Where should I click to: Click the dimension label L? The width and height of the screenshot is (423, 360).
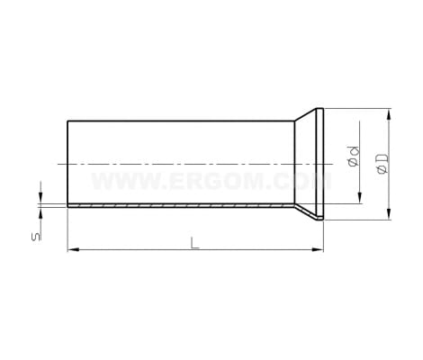[x=194, y=243]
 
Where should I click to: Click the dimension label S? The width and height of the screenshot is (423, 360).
[x=36, y=237]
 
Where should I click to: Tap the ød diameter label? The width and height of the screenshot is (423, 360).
[x=354, y=156]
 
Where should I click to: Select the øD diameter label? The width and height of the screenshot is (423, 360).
[x=382, y=164]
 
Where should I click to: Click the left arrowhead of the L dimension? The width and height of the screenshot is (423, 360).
[x=73, y=249]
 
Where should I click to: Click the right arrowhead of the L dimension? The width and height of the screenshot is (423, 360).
[x=318, y=249]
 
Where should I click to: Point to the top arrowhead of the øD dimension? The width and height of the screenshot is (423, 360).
[x=389, y=115]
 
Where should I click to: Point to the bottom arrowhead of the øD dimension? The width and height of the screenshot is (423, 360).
[x=389, y=213]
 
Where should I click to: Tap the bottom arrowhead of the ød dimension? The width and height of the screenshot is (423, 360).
[x=359, y=198]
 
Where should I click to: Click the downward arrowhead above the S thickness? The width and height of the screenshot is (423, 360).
[x=40, y=197]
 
